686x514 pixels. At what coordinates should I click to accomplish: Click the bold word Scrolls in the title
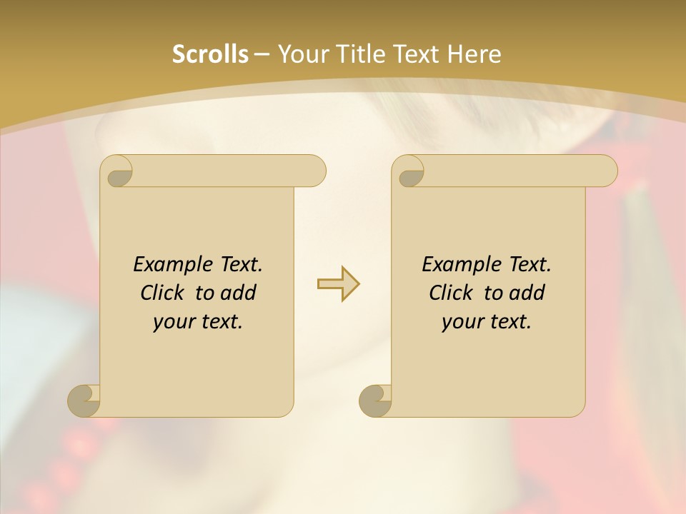[210, 54]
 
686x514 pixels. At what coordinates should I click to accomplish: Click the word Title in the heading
[357, 54]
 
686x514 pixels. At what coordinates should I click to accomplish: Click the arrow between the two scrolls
[338, 284]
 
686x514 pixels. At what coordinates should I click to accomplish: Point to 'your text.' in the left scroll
[198, 322]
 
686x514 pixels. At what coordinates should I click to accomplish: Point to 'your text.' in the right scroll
[487, 322]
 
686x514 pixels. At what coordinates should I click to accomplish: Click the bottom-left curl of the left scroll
[84, 400]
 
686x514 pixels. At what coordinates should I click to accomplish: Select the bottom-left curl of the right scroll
[375, 400]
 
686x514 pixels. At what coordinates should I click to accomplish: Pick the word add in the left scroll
[239, 293]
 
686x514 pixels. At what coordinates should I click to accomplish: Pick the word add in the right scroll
[527, 293]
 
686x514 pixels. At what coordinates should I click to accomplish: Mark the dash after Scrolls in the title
[262, 54]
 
